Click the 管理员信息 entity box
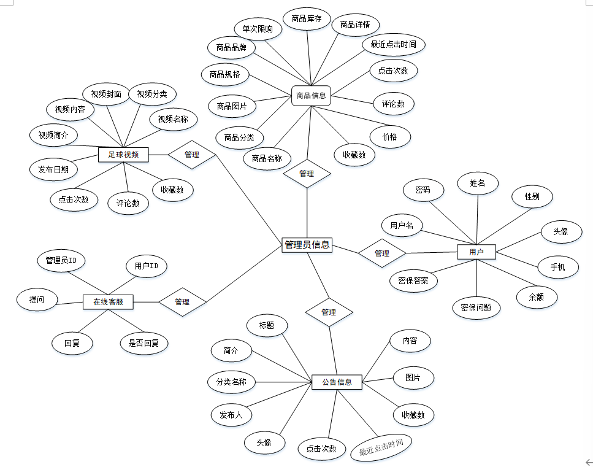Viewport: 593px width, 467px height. point(307,245)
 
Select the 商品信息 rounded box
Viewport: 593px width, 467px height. point(311,96)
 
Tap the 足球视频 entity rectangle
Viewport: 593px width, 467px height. point(124,155)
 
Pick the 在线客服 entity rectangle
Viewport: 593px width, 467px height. point(108,301)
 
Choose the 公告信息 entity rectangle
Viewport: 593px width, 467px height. point(337,382)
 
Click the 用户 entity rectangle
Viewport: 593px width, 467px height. point(476,252)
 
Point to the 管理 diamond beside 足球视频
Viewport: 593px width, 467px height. point(192,155)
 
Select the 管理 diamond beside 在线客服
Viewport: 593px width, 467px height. point(182,301)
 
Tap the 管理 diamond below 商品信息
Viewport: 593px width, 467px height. point(307,174)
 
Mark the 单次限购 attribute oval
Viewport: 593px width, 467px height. point(258,29)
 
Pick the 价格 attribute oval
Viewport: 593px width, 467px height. point(390,137)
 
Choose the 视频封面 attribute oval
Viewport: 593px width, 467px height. point(106,94)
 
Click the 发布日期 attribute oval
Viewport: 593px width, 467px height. point(53,169)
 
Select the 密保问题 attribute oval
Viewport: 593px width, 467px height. point(476,307)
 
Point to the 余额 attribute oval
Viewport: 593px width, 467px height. point(537,297)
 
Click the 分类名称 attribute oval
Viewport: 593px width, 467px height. point(231,382)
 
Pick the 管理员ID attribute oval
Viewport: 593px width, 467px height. point(61,261)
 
